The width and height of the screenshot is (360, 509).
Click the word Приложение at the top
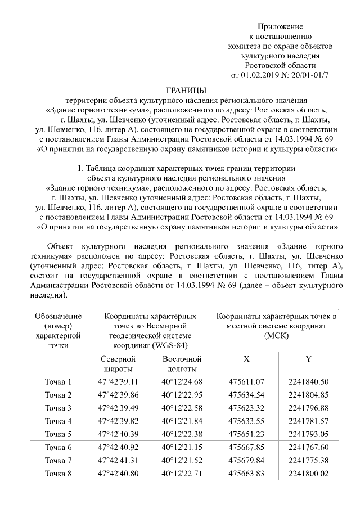coord(280,26)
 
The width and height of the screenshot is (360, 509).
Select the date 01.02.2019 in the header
coord(263,74)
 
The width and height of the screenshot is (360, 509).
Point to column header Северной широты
coord(118,364)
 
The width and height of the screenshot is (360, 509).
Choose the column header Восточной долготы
coord(182,364)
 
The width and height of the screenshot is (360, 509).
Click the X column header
coord(246,359)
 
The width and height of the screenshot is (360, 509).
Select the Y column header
coord(308,359)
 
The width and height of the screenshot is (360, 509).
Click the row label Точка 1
coord(58,382)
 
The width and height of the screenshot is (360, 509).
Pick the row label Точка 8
coord(58,474)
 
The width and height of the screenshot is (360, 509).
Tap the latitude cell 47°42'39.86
coord(118,395)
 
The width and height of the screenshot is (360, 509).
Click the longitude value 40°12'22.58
coord(182,408)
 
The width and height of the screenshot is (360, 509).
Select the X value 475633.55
coord(246,421)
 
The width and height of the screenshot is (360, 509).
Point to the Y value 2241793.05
coord(308,434)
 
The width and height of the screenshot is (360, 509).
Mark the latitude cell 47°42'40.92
coord(118,448)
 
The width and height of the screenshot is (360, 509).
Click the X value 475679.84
coord(246,461)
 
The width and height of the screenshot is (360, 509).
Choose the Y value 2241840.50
coord(308,382)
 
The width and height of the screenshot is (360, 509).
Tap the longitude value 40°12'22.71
coord(182,474)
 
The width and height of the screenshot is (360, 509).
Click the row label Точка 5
coord(58,434)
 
